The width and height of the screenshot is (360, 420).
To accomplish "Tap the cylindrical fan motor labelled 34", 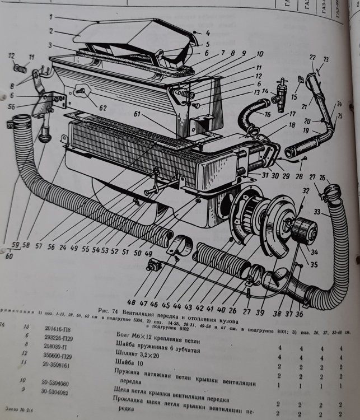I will tap(306, 229).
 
